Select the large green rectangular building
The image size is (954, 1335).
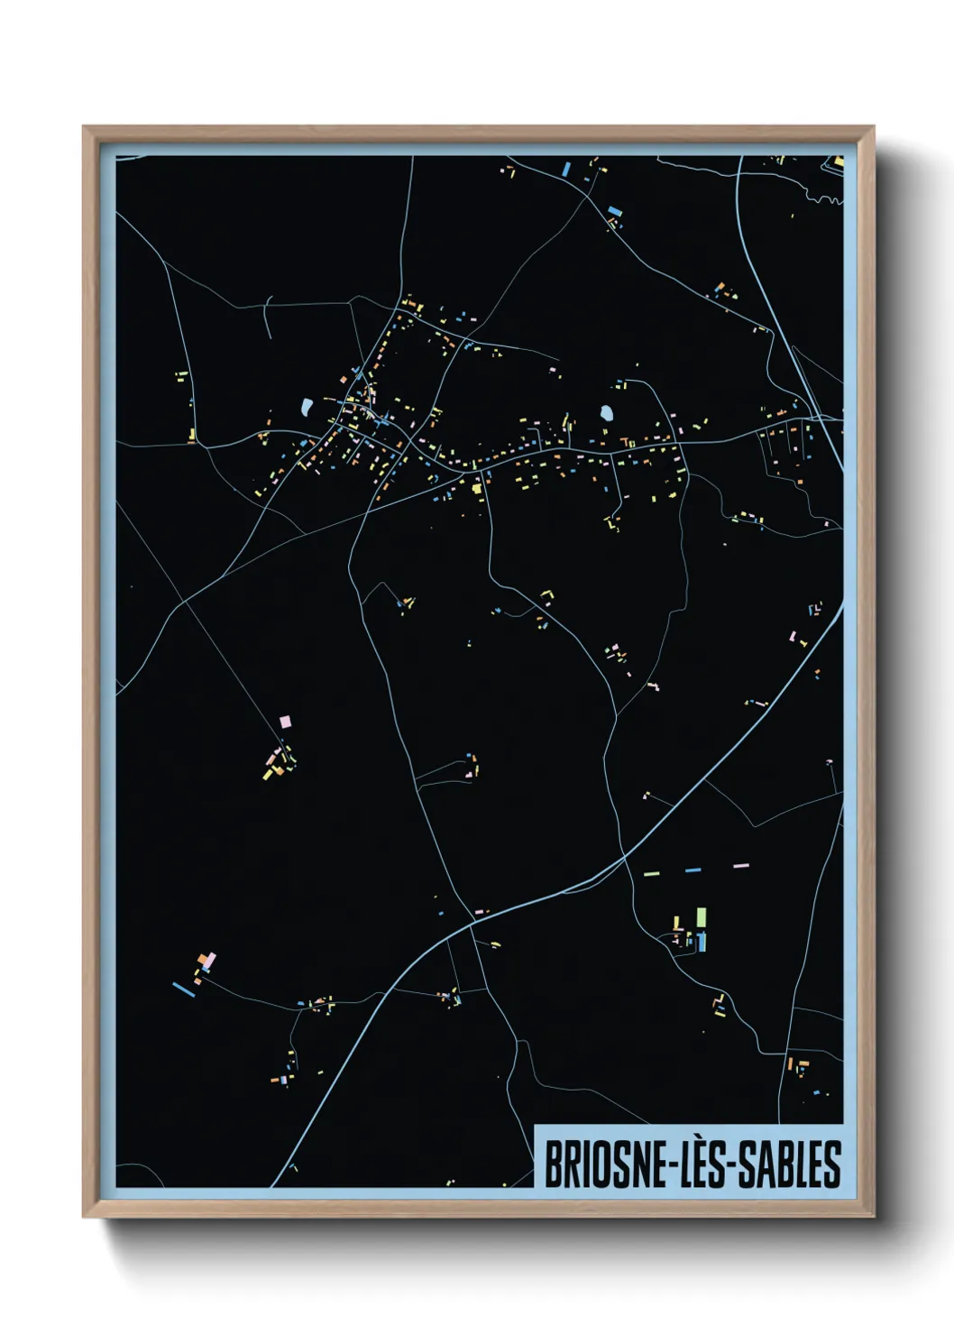tap(702, 918)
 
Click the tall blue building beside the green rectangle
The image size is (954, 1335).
tap(702, 942)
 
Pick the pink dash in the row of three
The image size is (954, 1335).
tap(741, 867)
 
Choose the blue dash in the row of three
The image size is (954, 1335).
tap(693, 870)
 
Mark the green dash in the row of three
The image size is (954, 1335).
tap(651, 873)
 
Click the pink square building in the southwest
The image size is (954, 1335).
tap(286, 722)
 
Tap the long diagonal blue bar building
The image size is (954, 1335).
tap(183, 990)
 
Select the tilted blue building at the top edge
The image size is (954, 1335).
tap(566, 169)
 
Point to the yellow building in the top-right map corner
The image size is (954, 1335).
tap(839, 162)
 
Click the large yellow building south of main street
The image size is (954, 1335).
tap(476, 488)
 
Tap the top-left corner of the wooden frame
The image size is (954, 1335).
tap(84, 128)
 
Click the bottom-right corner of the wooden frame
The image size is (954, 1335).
tap(873, 1216)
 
